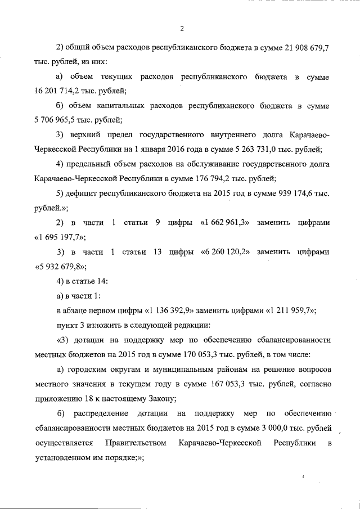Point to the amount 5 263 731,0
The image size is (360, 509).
click(x=245, y=149)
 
